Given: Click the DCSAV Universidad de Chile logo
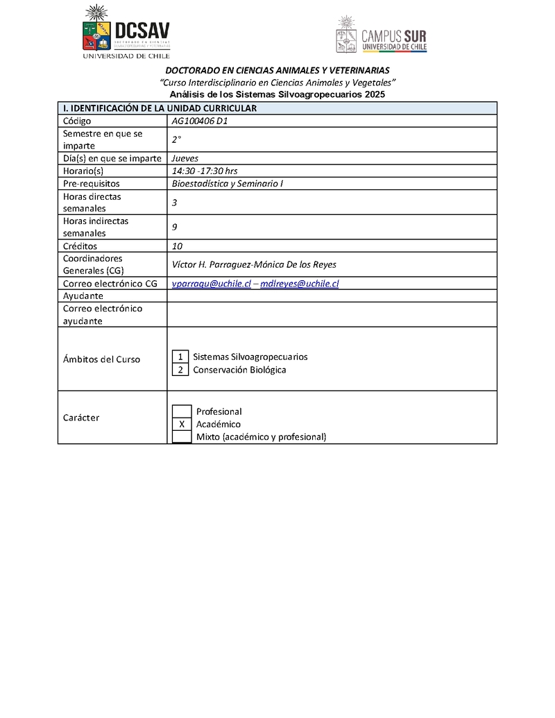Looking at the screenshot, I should [126, 32].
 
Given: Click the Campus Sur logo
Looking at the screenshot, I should [381, 35].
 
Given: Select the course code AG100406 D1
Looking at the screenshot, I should [200, 121].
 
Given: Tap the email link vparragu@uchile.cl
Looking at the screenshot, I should [211, 283].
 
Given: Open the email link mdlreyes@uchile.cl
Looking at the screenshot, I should [299, 283].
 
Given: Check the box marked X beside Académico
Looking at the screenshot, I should [182, 424].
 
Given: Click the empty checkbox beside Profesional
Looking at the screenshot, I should [182, 411].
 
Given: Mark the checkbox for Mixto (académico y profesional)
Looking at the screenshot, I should [182, 436].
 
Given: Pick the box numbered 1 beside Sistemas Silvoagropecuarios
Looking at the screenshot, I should [180, 357].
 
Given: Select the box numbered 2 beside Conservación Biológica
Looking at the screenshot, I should [180, 370].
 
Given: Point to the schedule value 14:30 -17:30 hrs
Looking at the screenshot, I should [205, 171].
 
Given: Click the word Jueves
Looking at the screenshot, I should [185, 158].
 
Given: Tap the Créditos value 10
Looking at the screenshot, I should [177, 246].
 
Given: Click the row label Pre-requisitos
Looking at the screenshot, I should [92, 184].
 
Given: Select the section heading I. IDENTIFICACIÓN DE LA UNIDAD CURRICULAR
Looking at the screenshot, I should [160, 108].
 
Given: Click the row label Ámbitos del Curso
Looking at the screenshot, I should [101, 359].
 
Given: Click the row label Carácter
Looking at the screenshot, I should [81, 418].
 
